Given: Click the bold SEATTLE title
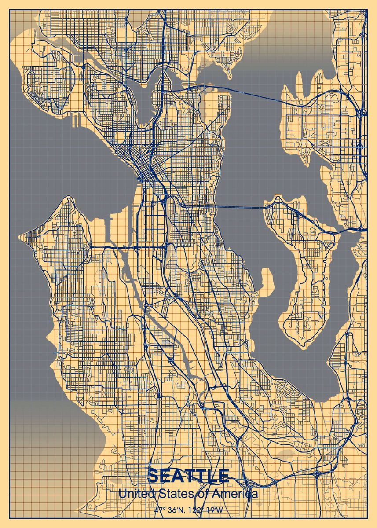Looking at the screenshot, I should pos(188,476).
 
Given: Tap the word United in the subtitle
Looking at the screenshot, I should pos(135,494).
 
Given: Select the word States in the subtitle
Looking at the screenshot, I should pos(177,494).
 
